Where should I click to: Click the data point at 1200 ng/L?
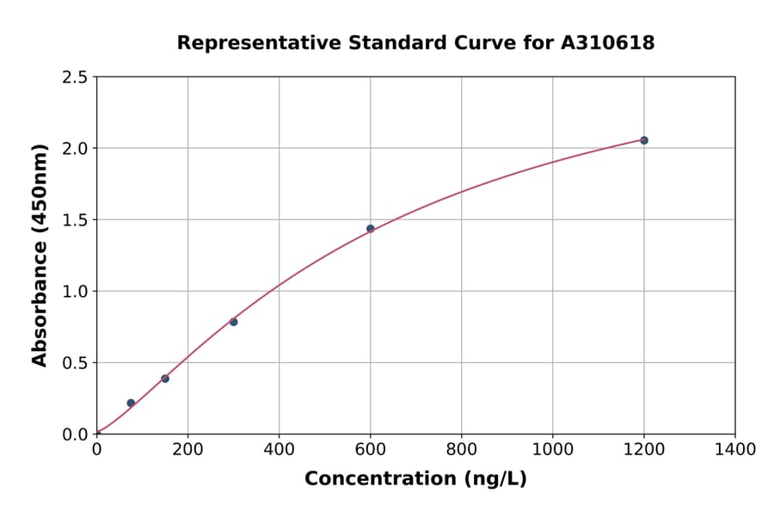(x=644, y=140)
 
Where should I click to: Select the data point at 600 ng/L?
(x=371, y=229)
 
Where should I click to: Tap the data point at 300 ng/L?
(x=234, y=322)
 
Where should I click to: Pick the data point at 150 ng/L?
(x=165, y=379)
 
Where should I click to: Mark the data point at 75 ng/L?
(x=131, y=403)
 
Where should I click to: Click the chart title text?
(x=415, y=43)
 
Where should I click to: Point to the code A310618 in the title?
(x=608, y=43)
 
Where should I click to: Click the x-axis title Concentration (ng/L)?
(x=415, y=479)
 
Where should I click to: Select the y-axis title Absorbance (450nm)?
(x=40, y=255)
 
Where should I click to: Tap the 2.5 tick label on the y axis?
(x=75, y=77)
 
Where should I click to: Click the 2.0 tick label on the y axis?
(x=75, y=149)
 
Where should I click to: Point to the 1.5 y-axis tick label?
(x=75, y=220)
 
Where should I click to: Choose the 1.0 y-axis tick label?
(x=75, y=292)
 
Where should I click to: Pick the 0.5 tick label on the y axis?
(x=75, y=363)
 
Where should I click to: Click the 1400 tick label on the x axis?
(x=735, y=449)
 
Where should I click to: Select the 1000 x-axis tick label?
(x=553, y=449)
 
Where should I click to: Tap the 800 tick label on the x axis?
(x=462, y=449)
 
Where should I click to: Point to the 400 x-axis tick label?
(x=279, y=449)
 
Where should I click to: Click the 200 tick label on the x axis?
(x=187, y=449)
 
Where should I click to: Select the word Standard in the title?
(x=386, y=43)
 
